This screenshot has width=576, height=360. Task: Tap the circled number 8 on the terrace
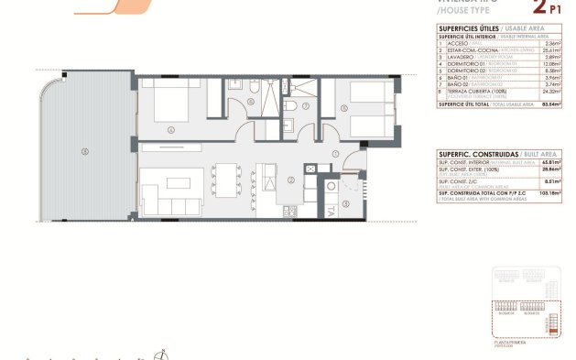point(85,150)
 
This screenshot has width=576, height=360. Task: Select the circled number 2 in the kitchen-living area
point(290,180)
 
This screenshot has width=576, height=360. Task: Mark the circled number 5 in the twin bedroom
point(343,109)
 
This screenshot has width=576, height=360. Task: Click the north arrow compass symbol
point(162,354)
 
